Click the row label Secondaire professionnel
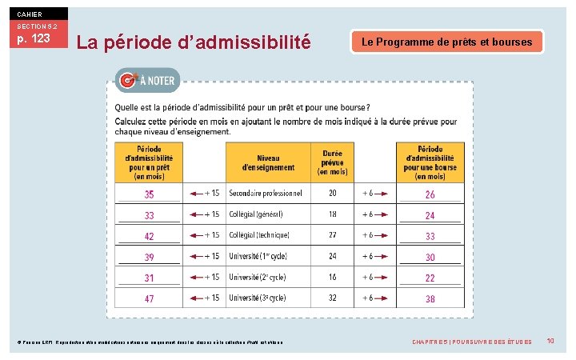point(266,193)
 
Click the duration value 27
point(333,235)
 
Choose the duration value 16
point(333,277)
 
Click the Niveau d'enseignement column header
point(268,162)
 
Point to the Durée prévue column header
point(333,162)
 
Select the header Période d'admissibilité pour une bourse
point(430,162)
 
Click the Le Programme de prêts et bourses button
point(446,42)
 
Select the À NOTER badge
point(149,80)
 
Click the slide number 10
point(550,342)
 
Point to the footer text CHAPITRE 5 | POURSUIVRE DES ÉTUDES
point(472,342)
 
